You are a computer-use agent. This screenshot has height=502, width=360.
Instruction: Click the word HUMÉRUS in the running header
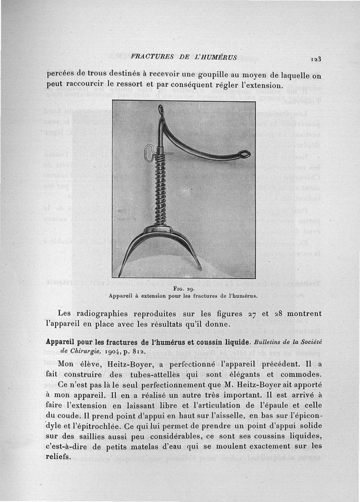click(x=220, y=58)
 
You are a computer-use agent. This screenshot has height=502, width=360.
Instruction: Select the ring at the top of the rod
click(x=161, y=110)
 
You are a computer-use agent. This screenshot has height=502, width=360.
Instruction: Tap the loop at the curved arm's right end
click(x=244, y=154)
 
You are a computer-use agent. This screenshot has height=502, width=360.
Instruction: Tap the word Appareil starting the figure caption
click(x=123, y=296)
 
